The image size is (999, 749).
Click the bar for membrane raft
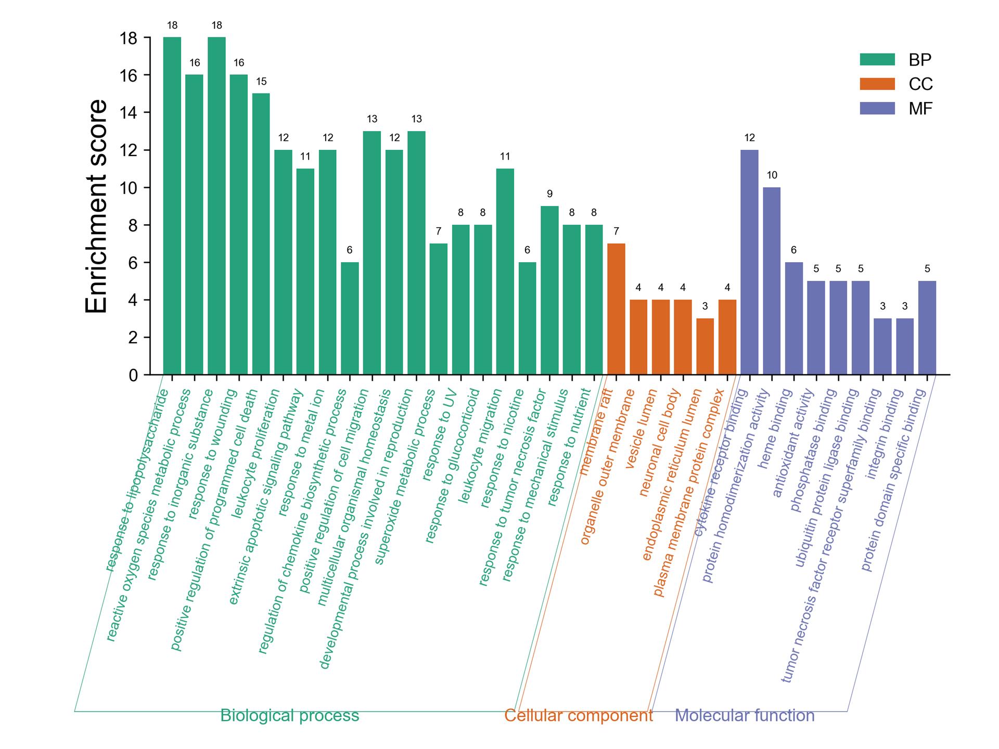pyautogui.click(x=616, y=309)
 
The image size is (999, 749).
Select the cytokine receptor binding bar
pyautogui.click(x=749, y=262)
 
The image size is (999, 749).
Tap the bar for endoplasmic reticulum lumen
pyautogui.click(x=705, y=346)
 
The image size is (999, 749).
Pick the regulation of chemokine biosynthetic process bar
pyautogui.click(x=350, y=318)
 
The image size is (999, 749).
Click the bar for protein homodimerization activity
pyautogui.click(x=772, y=281)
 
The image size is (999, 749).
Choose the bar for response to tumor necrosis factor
pyautogui.click(x=549, y=290)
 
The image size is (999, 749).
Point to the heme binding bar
pyautogui.click(x=794, y=318)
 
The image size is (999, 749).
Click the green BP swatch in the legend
pyautogui.click(x=877, y=60)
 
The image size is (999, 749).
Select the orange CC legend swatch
pyautogui.click(x=877, y=84)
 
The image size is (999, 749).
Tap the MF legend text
pyautogui.click(x=920, y=109)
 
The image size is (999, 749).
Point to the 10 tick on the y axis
pyautogui.click(x=147, y=188)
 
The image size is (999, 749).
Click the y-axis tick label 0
pyautogui.click(x=133, y=375)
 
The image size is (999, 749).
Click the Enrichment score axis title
pyautogui.click(x=96, y=206)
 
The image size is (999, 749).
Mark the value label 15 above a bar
pyautogui.click(x=261, y=82)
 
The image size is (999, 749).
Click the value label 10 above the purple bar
pyautogui.click(x=772, y=175)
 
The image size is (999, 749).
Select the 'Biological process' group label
pyautogui.click(x=290, y=716)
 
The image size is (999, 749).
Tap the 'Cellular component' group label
pyautogui.click(x=579, y=716)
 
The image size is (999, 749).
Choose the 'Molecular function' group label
pyautogui.click(x=745, y=716)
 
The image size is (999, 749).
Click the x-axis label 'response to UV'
pyautogui.click(x=440, y=435)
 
